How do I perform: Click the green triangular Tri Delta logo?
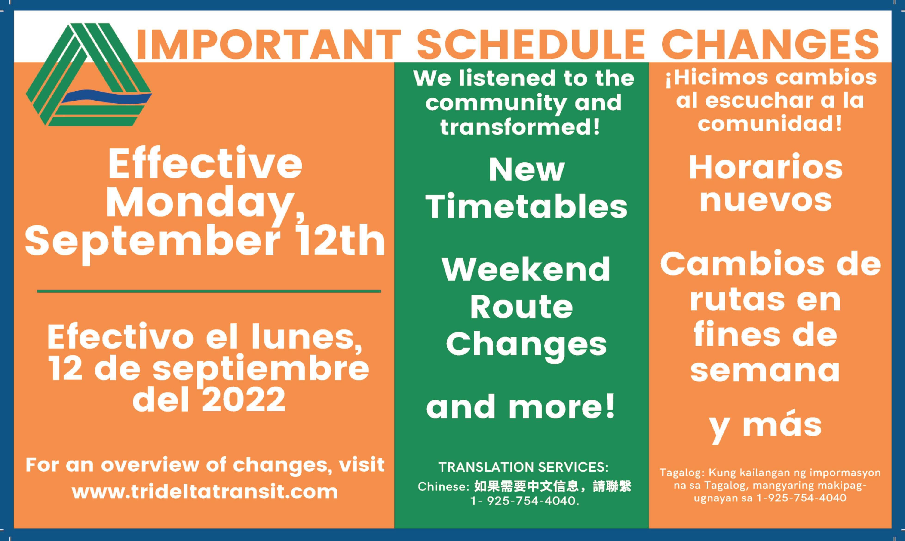(x=89, y=75)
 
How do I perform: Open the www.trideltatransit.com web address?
(x=205, y=492)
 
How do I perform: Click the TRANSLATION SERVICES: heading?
(x=523, y=467)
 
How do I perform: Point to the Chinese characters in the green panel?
(x=552, y=486)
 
